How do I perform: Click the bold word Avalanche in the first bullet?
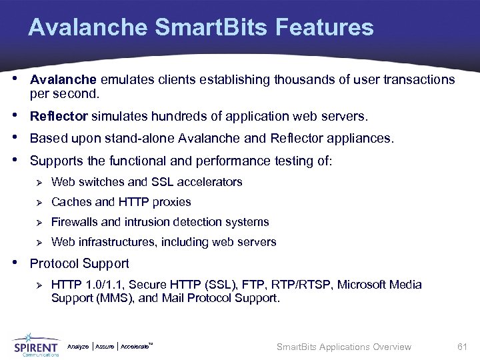click(x=59, y=80)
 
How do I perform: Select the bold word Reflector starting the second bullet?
click(x=59, y=117)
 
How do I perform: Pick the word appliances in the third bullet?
click(x=366, y=139)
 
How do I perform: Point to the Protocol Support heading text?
click(x=79, y=263)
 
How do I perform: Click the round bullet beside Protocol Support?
click(x=17, y=262)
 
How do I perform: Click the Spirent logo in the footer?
click(x=36, y=344)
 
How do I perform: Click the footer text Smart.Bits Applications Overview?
click(x=343, y=347)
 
